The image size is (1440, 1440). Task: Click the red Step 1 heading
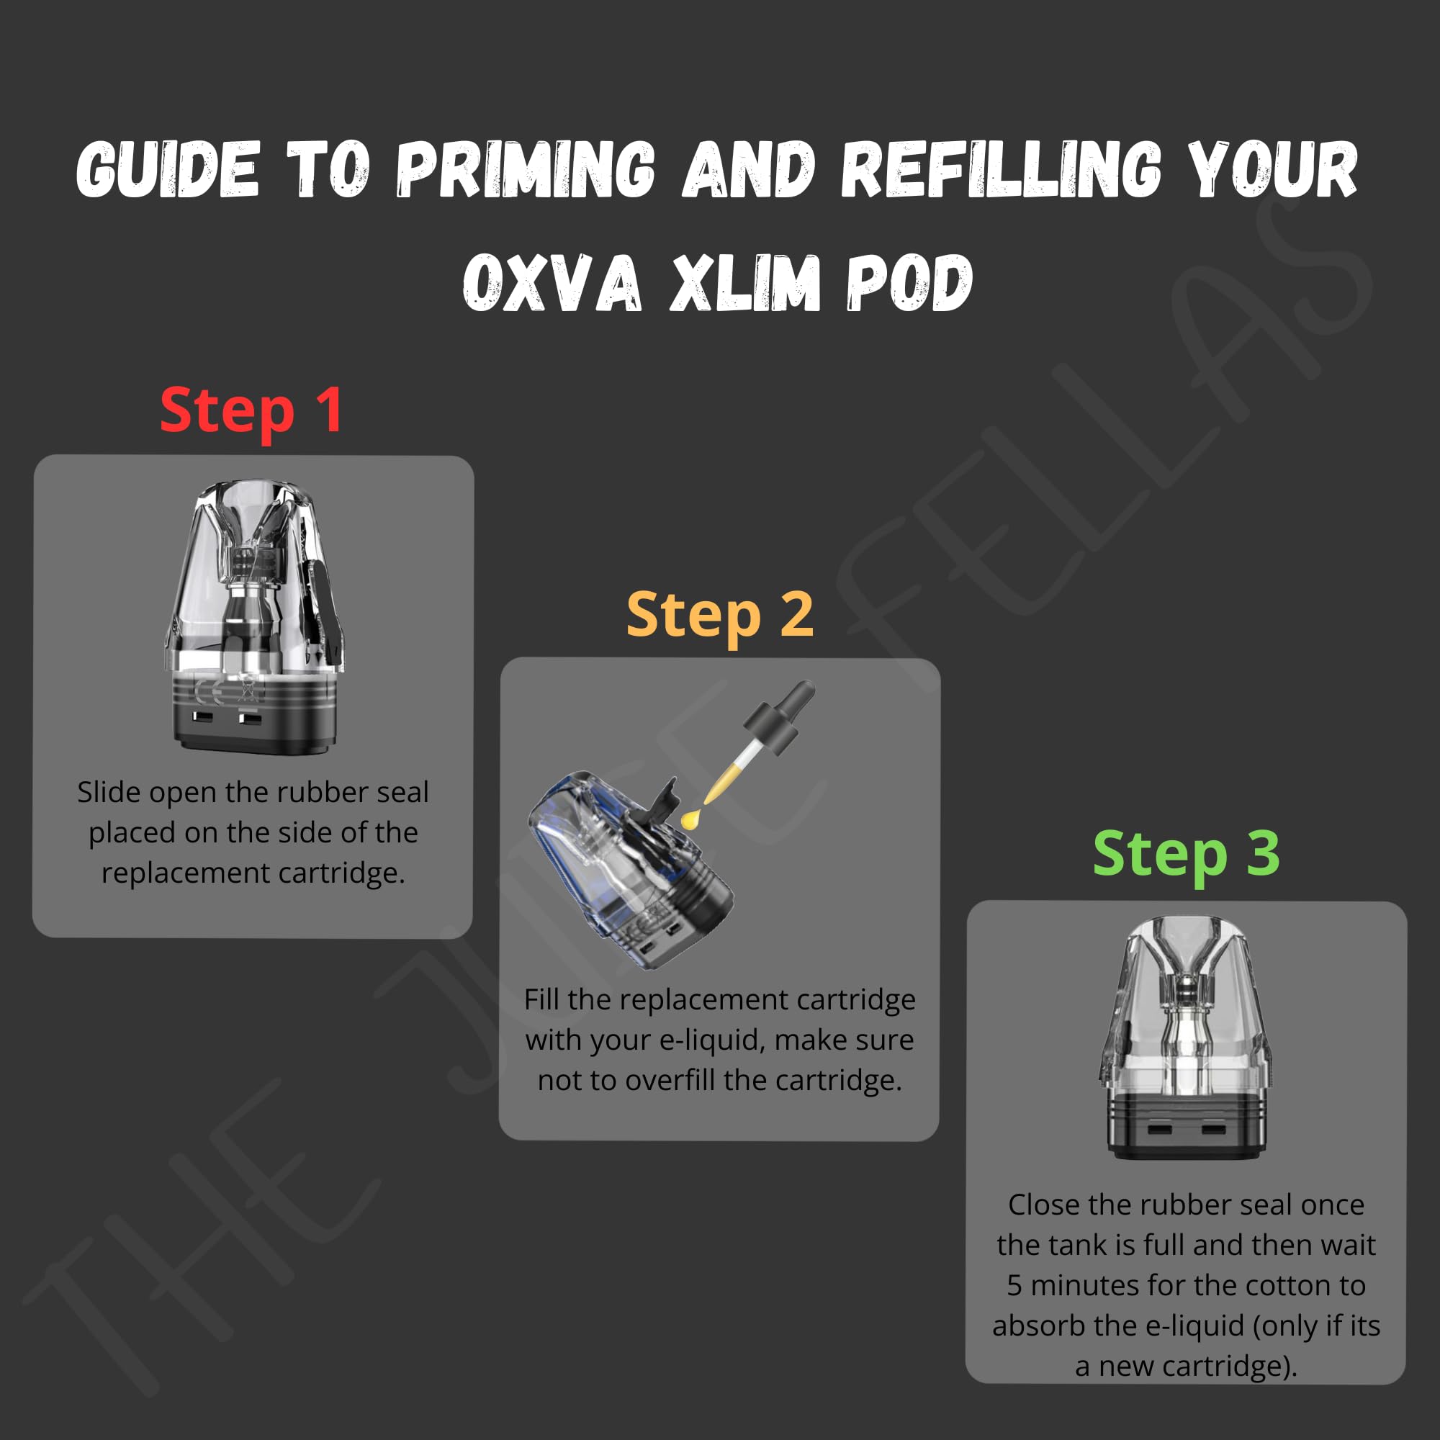(251, 410)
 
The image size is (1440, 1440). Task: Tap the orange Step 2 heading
(719, 615)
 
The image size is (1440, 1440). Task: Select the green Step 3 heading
(1186, 853)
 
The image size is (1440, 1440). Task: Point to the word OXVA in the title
(552, 283)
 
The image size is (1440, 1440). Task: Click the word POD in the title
(909, 283)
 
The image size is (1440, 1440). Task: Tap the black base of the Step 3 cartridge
(1186, 1125)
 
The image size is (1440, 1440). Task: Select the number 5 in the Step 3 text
(1014, 1286)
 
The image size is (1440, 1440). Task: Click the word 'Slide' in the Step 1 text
(109, 792)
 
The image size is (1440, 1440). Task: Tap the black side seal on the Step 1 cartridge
(320, 596)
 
